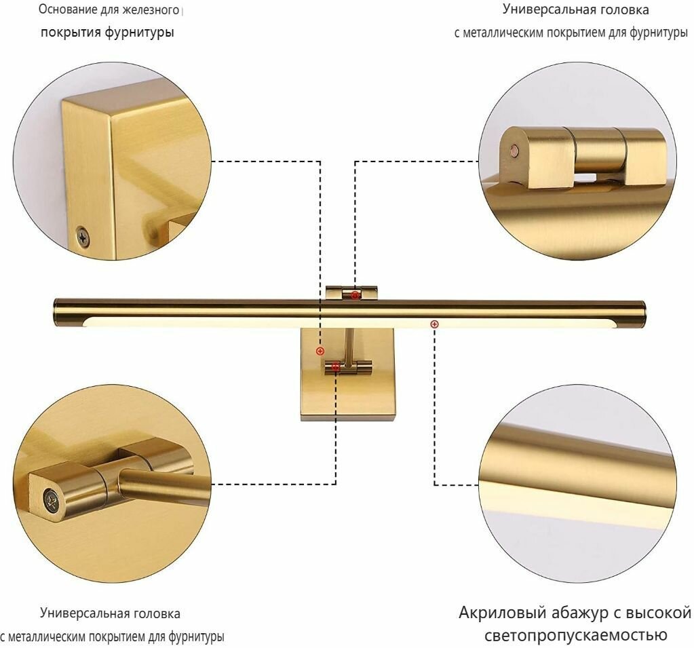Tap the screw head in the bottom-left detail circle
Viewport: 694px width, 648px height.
tap(52, 501)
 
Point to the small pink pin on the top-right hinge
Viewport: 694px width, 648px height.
tap(515, 151)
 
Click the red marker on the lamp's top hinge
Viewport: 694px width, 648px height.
tap(355, 294)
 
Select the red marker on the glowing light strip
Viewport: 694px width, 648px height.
tap(435, 324)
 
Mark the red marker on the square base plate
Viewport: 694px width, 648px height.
tap(320, 351)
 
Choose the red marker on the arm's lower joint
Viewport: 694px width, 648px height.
tap(336, 367)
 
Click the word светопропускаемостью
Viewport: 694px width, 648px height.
tap(576, 636)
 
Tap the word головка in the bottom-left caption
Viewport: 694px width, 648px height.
tap(157, 613)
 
